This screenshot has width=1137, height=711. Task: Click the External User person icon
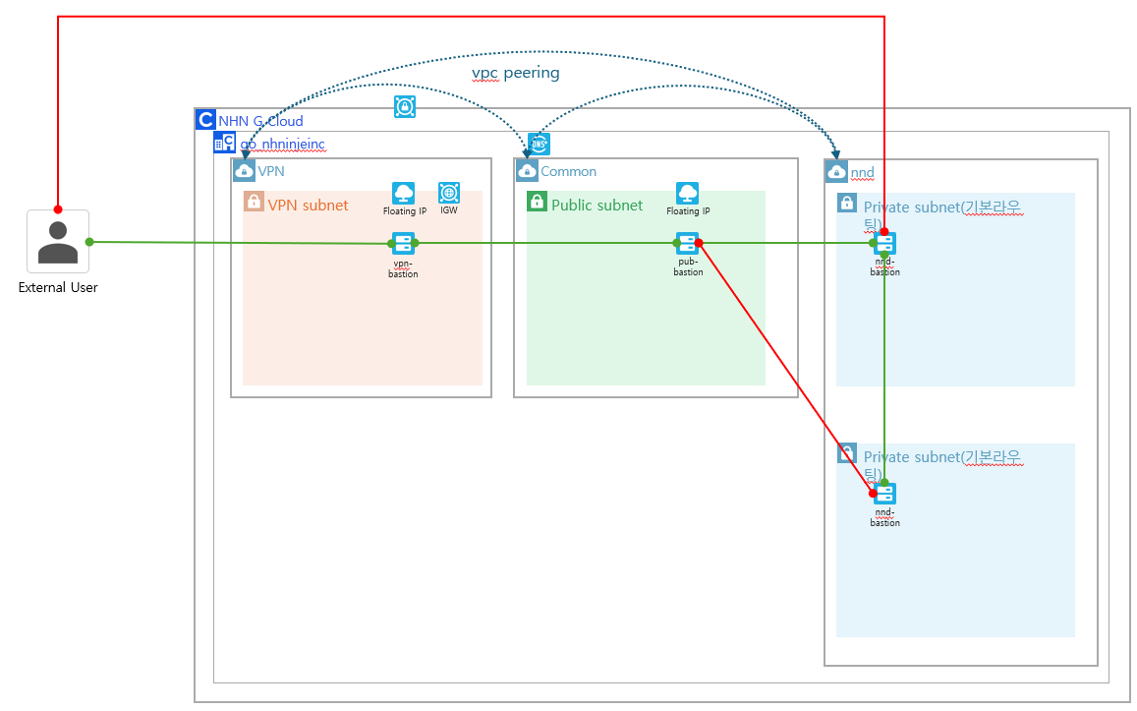58,242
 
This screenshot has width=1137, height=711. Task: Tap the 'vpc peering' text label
516,73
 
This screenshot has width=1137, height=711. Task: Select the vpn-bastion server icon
403,244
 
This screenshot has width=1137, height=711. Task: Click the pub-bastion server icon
687,244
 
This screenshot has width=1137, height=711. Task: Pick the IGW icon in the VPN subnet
449,193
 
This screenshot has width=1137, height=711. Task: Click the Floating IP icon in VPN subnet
403,193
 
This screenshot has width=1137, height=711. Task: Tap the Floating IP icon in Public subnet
687,193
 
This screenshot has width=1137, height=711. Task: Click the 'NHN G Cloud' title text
260,121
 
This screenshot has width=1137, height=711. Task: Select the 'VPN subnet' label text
308,206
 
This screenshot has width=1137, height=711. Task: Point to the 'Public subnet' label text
597,206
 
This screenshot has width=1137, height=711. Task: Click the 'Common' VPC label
568,171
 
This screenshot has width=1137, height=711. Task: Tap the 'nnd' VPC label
862,173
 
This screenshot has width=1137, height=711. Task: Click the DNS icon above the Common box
539,144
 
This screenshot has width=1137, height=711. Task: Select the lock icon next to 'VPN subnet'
254,202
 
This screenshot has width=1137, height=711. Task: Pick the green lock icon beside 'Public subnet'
537,202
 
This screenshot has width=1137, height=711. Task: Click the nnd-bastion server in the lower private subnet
884,494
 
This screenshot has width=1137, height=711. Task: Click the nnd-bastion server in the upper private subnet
884,244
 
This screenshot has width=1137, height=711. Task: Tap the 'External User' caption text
58,288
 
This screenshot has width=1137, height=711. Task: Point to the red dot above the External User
58,209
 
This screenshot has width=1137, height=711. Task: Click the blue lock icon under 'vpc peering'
404,106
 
